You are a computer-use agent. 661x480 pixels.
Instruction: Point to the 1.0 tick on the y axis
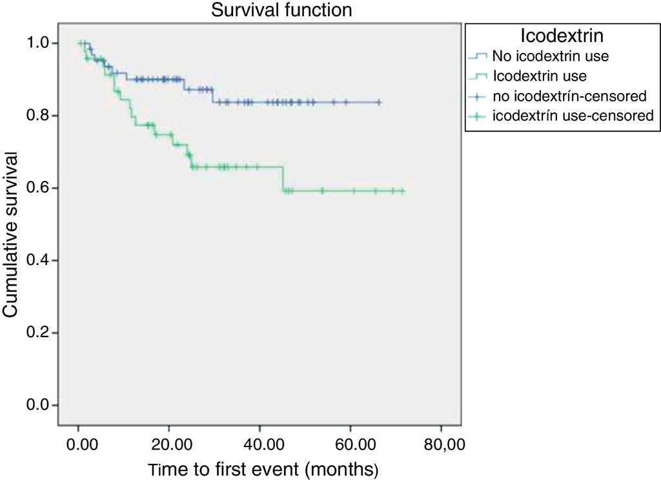click(x=41, y=43)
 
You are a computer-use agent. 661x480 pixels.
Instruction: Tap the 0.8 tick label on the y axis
click(x=41, y=116)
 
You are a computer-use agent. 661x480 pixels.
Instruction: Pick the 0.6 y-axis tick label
click(x=41, y=188)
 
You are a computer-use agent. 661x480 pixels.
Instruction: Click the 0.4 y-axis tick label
click(x=41, y=260)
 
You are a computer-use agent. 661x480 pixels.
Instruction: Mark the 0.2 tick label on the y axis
click(x=41, y=333)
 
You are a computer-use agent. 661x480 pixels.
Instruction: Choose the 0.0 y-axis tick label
click(x=41, y=405)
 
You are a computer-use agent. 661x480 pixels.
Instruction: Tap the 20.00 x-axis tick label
click(x=168, y=445)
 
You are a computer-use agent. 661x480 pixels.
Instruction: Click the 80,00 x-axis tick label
click(x=440, y=445)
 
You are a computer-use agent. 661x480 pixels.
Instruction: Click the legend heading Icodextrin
click(x=560, y=35)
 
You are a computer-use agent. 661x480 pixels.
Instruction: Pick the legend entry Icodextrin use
click(x=540, y=76)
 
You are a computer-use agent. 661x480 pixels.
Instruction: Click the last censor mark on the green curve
click(x=402, y=191)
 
